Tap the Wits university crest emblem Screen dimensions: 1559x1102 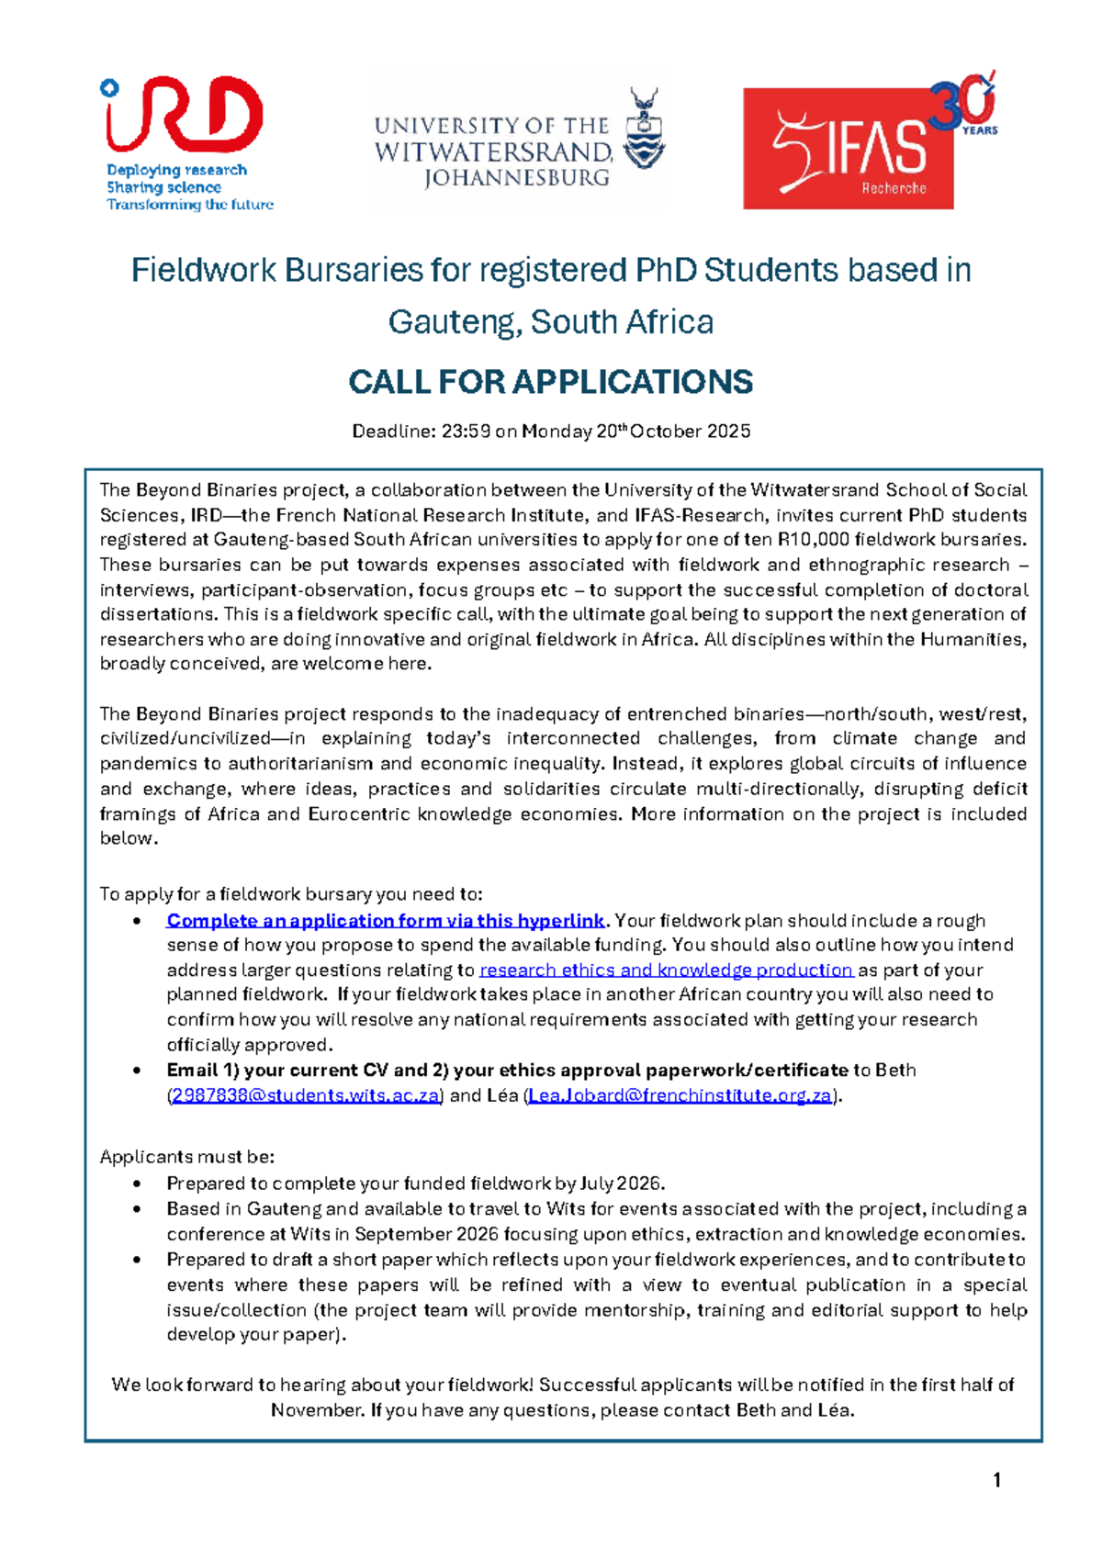pyautogui.click(x=644, y=128)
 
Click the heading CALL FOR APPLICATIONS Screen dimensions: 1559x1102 pyautogui.click(x=551, y=382)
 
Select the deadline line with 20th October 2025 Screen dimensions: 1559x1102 pyautogui.click(x=551, y=432)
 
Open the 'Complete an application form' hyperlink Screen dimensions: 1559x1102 pyautogui.click(x=386, y=921)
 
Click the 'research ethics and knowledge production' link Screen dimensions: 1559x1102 pyautogui.click(x=666, y=970)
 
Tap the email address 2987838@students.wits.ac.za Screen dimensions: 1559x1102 pyautogui.click(x=306, y=1095)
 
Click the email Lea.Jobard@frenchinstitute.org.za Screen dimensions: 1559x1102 pyautogui.click(x=680, y=1095)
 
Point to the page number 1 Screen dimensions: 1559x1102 pyautogui.click(x=996, y=1480)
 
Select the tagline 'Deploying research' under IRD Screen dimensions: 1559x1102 pyautogui.click(x=176, y=170)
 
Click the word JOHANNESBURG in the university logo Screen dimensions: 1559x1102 pyautogui.click(x=517, y=177)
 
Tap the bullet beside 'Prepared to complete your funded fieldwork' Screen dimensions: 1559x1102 pyautogui.click(x=137, y=1184)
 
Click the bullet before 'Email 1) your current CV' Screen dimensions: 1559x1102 pyautogui.click(x=137, y=1071)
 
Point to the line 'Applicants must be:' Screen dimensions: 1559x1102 pyautogui.click(x=187, y=1157)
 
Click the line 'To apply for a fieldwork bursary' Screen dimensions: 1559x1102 pyautogui.click(x=290, y=894)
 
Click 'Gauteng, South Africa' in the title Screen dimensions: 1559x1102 pyautogui.click(x=551, y=322)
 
